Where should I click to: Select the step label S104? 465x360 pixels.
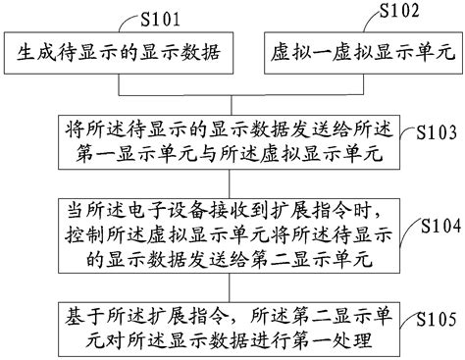(x=439, y=225)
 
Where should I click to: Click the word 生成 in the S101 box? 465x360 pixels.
(x=33, y=54)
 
